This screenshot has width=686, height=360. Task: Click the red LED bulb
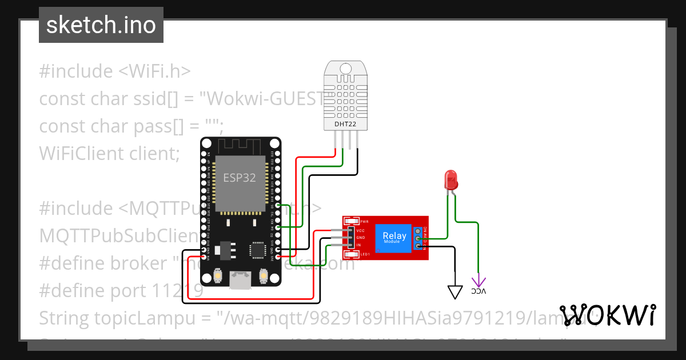pos(451,179)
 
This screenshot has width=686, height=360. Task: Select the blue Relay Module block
pos(394,238)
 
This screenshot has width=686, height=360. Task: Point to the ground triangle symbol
pos(455,291)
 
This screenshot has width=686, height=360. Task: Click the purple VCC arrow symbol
pos(478,282)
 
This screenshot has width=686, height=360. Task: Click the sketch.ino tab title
pos(101,25)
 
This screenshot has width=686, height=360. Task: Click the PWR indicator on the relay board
pos(352,221)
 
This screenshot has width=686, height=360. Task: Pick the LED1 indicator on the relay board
pos(352,254)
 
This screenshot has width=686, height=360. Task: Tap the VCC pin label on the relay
pos(361,231)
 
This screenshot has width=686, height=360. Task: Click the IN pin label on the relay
pos(358,245)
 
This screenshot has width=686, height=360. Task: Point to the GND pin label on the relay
pos(361,238)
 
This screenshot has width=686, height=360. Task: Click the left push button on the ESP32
pos(218,276)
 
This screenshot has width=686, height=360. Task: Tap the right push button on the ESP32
pos(264,276)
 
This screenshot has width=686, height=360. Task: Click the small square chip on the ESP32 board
pos(257,250)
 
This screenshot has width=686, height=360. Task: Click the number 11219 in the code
pos(178,291)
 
